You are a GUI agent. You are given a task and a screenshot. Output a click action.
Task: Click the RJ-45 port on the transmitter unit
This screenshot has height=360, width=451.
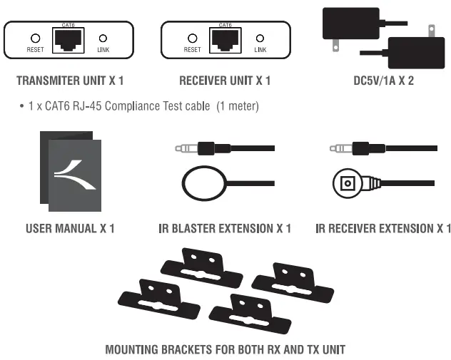(69, 39)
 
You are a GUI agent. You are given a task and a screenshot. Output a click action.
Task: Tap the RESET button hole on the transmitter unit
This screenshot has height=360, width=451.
(35, 38)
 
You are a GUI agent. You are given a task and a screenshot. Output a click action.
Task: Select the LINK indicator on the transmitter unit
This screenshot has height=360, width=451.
(102, 38)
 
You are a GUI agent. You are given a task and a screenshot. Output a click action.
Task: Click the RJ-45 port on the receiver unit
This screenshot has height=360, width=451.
(225, 38)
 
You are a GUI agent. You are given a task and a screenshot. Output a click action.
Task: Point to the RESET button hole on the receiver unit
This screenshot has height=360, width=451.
(191, 38)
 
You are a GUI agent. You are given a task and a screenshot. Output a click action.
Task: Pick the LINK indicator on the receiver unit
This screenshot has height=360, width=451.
(259, 38)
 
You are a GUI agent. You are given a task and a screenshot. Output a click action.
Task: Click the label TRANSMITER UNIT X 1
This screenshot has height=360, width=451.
(68, 81)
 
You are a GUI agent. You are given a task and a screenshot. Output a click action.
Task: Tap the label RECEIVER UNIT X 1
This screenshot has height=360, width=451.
(225, 81)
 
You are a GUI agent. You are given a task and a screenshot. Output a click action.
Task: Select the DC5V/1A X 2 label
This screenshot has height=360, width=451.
(383, 81)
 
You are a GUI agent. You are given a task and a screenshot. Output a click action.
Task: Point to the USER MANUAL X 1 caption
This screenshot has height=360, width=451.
(70, 228)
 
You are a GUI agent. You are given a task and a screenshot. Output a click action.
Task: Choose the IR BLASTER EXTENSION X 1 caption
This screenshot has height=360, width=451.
(225, 228)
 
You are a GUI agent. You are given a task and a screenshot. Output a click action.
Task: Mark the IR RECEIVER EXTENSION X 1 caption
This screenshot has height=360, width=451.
(383, 228)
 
